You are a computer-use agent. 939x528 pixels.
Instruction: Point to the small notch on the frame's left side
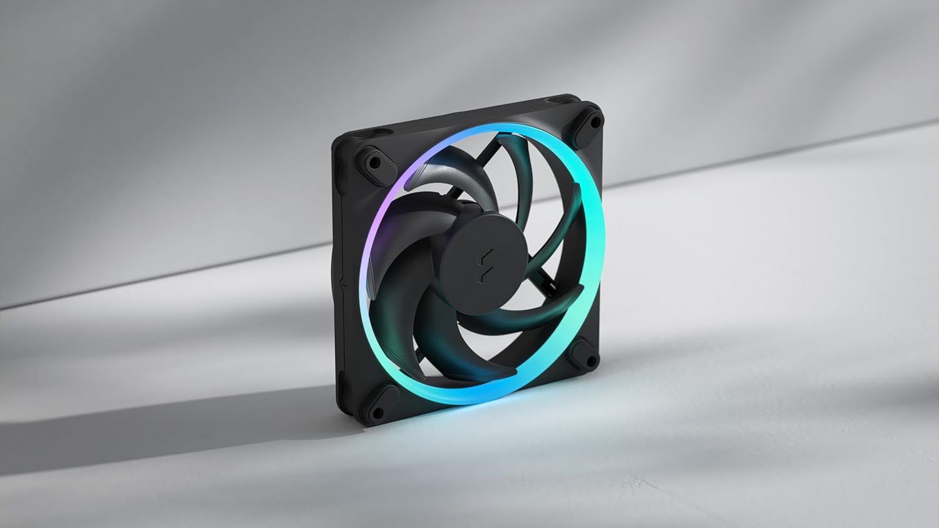coord(342,285)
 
